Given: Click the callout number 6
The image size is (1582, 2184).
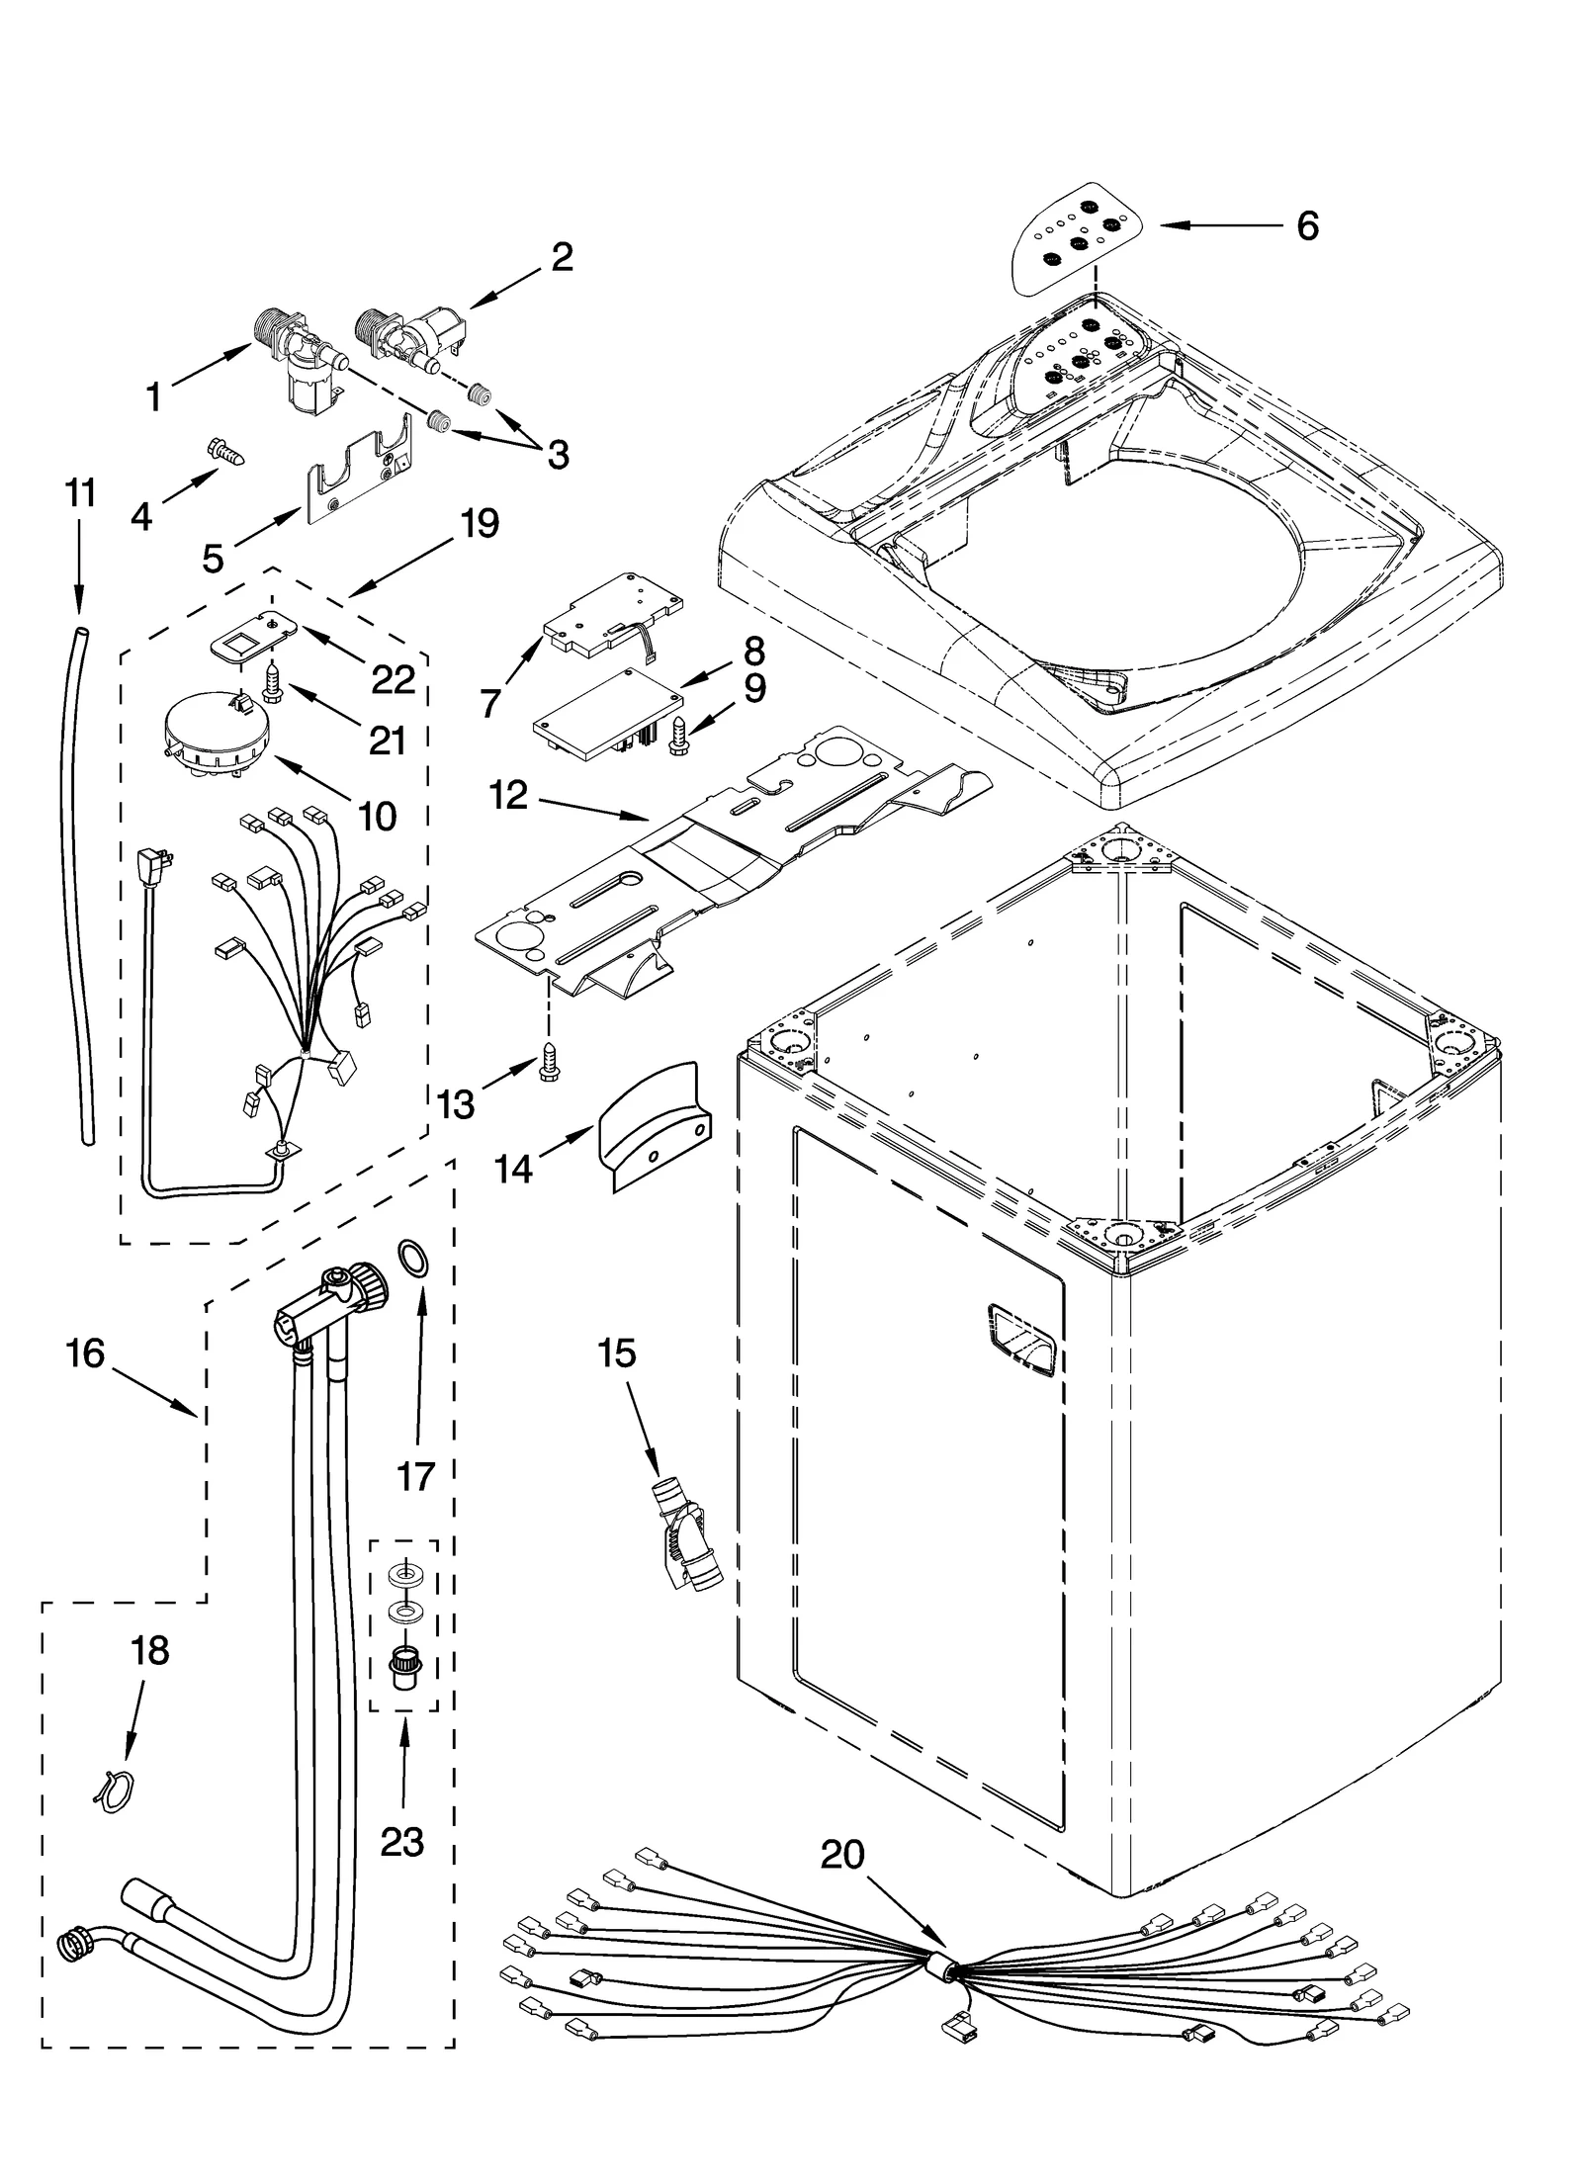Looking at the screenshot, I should tap(1306, 226).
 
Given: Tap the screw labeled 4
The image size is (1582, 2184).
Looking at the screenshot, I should tap(225, 454).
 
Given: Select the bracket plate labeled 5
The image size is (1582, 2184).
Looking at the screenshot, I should tap(358, 477).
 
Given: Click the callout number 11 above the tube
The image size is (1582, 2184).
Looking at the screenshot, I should tap(80, 492).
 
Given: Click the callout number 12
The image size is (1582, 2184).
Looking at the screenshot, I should tap(509, 795).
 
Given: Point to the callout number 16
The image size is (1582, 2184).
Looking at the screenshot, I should tap(86, 1354).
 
